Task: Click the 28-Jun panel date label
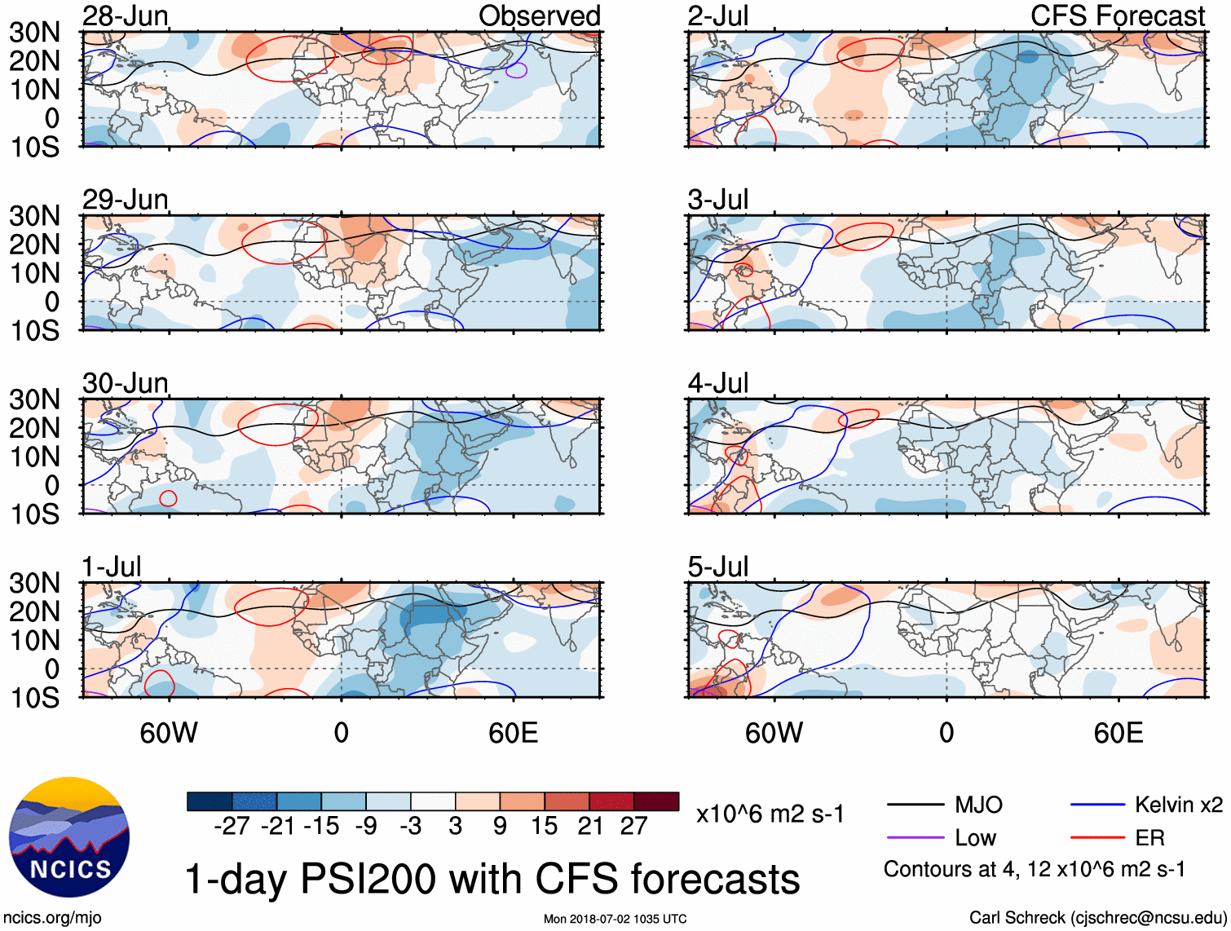[126, 15]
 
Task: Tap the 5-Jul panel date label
[717, 566]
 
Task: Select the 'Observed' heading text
[539, 15]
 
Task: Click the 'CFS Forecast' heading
[1117, 15]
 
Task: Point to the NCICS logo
[69, 837]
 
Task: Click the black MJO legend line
[915, 805]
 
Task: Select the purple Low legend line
[915, 838]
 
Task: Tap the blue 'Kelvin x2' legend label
[1178, 805]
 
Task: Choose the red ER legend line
[1097, 838]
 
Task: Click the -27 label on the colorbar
[232, 826]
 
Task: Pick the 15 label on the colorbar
[544, 826]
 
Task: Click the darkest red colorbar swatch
[656, 801]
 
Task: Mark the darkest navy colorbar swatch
[210, 801]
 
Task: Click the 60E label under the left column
[513, 733]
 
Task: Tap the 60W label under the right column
[774, 733]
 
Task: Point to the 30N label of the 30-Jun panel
[35, 399]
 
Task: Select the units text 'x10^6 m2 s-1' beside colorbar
[770, 814]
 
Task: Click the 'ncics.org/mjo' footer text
[52, 917]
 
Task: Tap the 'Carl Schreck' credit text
[1017, 917]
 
